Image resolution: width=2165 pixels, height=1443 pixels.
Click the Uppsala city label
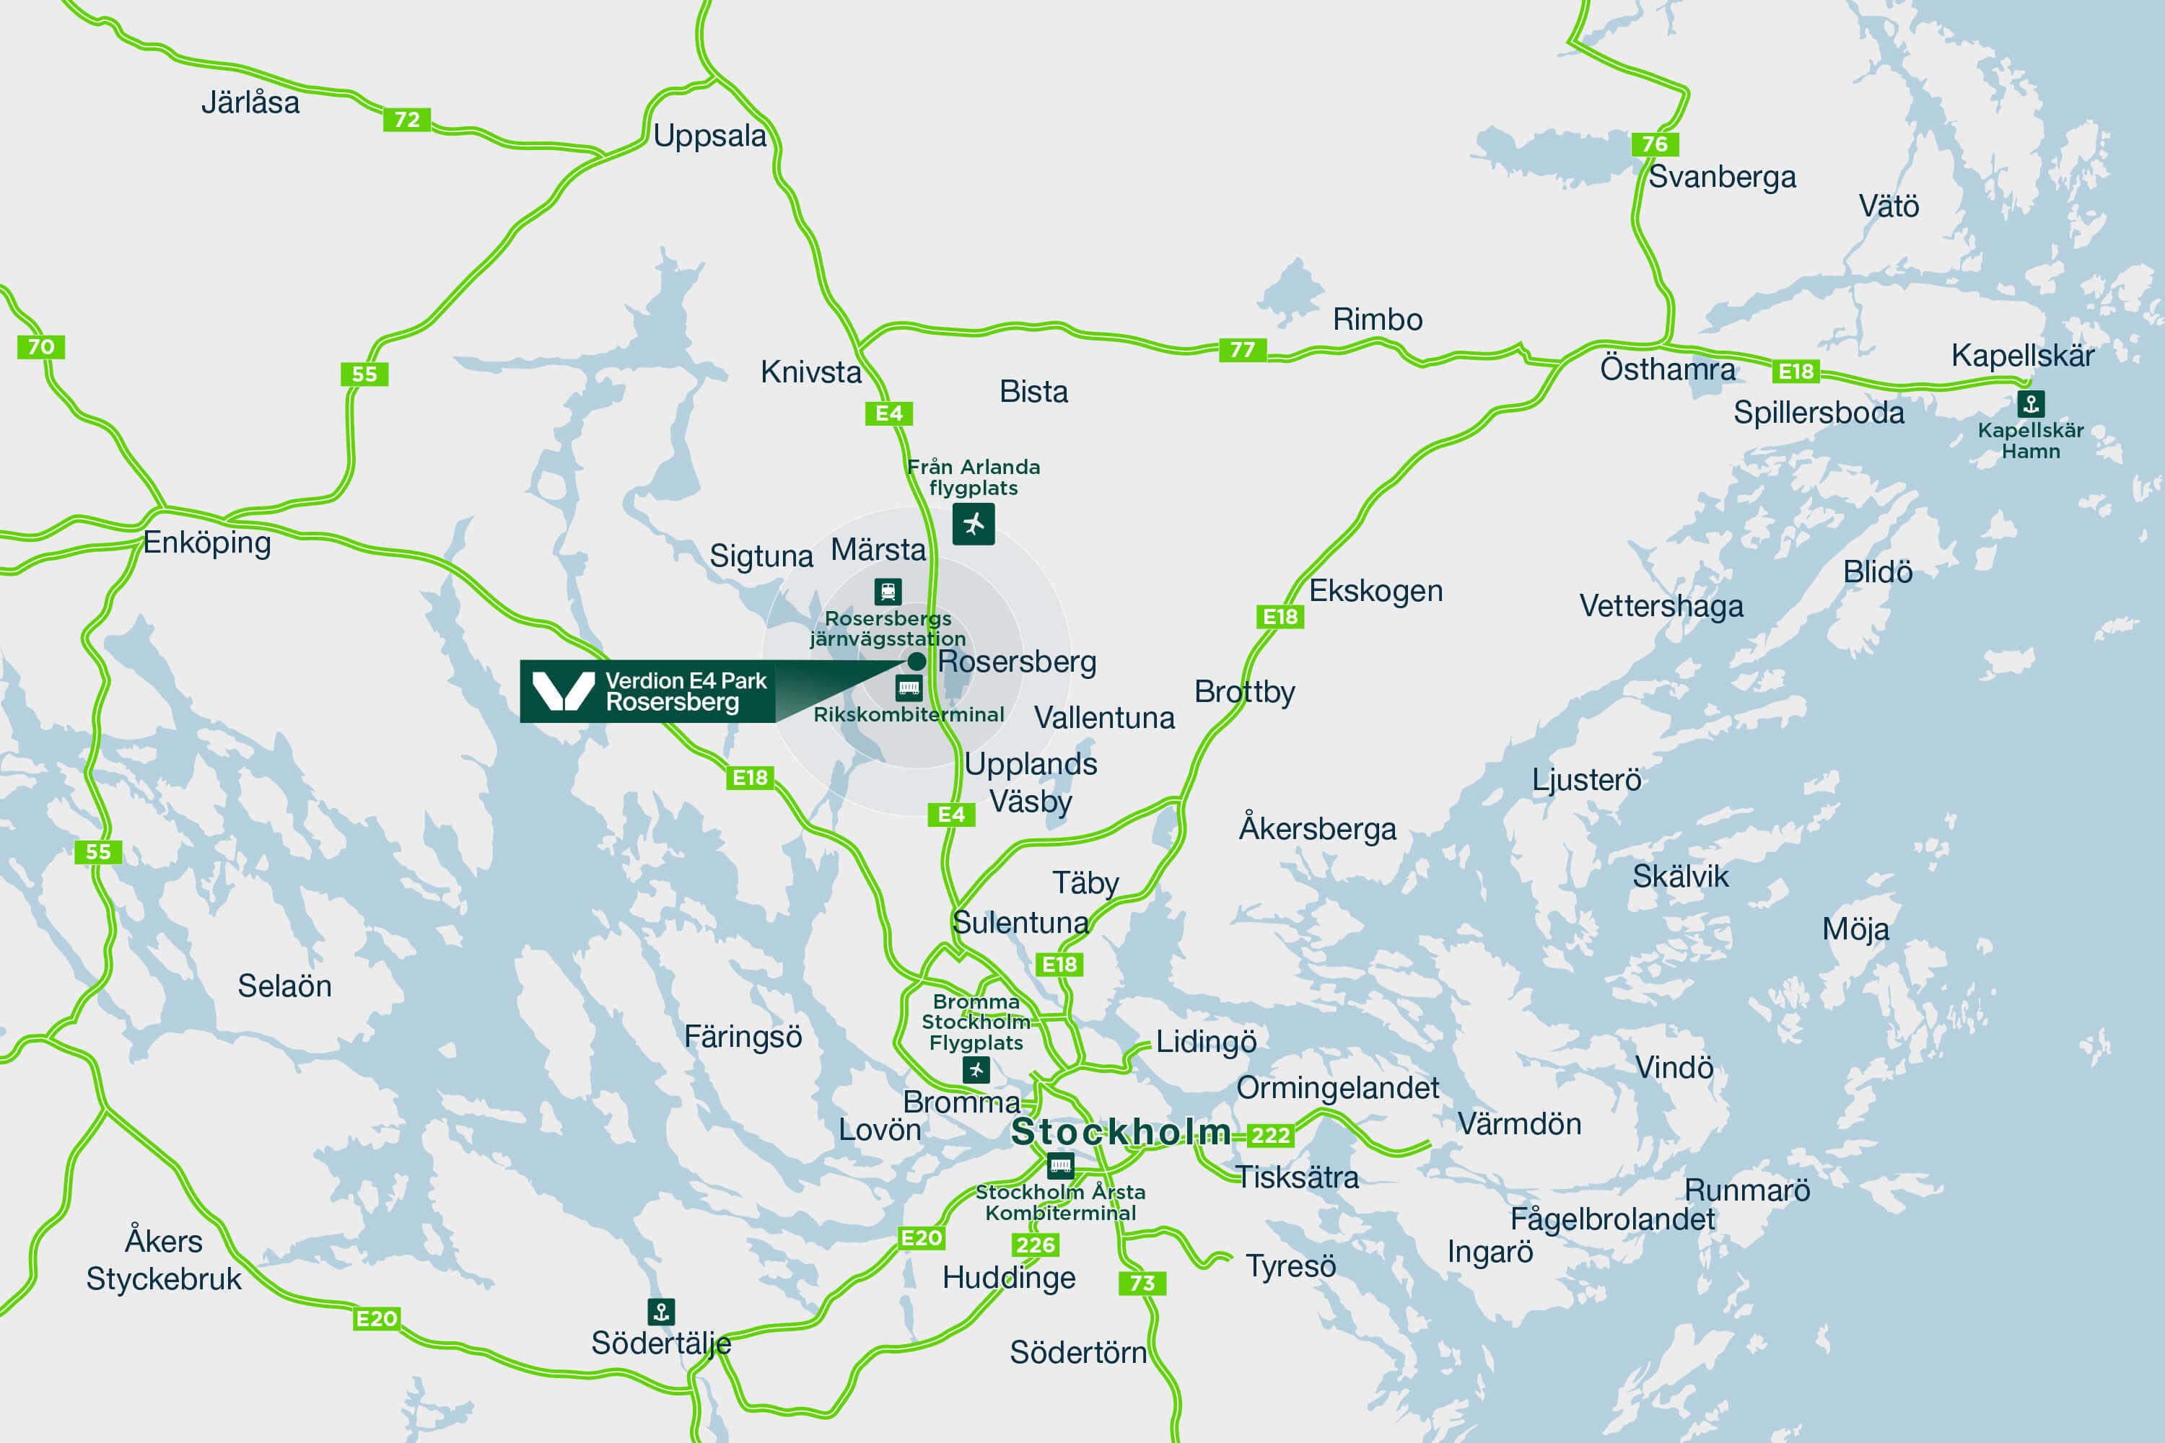[709, 136]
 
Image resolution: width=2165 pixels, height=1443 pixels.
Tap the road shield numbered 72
[407, 120]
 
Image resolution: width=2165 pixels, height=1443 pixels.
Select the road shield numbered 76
[1654, 144]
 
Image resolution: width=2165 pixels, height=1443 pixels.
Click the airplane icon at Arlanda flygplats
[973, 525]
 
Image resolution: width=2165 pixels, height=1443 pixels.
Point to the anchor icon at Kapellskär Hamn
[2031, 403]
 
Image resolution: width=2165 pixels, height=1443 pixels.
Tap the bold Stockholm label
[1120, 1132]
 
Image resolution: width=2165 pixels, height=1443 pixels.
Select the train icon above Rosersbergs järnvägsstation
[888, 591]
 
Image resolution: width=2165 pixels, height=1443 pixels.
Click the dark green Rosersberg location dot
[917, 661]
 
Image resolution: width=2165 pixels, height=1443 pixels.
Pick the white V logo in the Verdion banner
[564, 691]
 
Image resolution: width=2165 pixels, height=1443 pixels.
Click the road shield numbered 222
[1270, 1136]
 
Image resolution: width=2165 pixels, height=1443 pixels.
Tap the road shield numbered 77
[1242, 350]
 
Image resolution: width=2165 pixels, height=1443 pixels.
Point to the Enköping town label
[206, 542]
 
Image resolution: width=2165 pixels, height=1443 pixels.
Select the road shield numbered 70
[40, 347]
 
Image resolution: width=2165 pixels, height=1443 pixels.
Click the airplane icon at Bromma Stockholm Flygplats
[976, 1069]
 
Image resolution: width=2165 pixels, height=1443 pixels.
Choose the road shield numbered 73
[1142, 1283]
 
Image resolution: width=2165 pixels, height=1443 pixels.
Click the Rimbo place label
[1377, 320]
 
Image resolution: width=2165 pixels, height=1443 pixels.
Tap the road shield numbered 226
[1035, 1245]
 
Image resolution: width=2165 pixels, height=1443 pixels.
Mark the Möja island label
[1855, 929]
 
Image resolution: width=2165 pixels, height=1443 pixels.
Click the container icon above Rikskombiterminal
[909, 688]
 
